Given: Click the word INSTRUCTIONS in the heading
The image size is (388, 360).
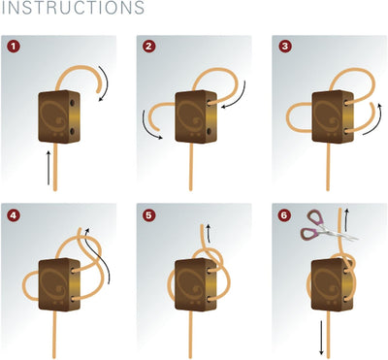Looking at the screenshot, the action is click(x=73, y=8).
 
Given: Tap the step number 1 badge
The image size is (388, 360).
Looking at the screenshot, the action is click(x=14, y=47).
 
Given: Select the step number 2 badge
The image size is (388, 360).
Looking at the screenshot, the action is click(x=148, y=47).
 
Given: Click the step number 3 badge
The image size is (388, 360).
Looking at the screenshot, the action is click(x=284, y=47).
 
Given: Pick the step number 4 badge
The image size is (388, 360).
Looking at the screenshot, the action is click(x=14, y=215).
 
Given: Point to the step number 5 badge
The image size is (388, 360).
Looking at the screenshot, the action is click(x=148, y=215).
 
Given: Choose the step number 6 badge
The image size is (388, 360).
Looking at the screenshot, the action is click(x=284, y=215).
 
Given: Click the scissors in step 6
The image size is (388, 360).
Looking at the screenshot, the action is click(x=327, y=226).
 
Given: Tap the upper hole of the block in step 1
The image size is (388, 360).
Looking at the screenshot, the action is click(x=72, y=103).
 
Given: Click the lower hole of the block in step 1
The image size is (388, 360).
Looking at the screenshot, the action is click(x=72, y=131).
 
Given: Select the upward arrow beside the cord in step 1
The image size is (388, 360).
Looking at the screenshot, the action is click(x=48, y=168).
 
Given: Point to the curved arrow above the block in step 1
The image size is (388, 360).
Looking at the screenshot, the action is click(x=104, y=83).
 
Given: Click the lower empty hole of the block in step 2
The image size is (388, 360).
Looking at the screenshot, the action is click(x=209, y=131).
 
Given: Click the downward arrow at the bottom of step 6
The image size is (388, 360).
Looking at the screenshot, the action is click(x=321, y=337).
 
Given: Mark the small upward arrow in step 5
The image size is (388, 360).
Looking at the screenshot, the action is click(x=209, y=233).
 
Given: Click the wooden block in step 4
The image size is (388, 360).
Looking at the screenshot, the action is click(x=59, y=284).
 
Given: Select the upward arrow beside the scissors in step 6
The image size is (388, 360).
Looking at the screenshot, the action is click(x=346, y=220).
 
